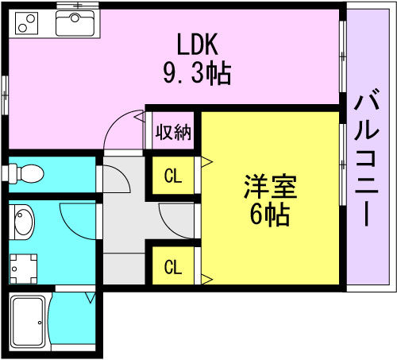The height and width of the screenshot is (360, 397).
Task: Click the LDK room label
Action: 198,45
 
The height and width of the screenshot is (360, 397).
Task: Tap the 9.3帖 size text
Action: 197,73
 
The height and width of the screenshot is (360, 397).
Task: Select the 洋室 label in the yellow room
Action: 271,187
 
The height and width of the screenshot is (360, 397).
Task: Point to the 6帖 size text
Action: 270,214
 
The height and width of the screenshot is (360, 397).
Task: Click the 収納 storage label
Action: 173,132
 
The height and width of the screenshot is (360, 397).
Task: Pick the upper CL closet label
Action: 173,176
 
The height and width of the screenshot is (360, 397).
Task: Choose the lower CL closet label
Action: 173,267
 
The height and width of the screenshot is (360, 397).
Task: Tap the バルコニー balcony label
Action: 367,157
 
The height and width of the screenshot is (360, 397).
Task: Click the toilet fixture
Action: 23,173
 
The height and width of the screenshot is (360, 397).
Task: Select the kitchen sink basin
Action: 75,23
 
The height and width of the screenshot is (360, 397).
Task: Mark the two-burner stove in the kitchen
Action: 27,23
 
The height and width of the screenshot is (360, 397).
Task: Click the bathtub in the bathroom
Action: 28,321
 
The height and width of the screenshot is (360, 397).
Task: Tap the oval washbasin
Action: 23,223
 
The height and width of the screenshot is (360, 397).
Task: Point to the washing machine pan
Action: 23,269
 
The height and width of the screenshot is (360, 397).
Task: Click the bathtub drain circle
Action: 40,323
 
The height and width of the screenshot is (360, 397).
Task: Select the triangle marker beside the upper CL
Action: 206,161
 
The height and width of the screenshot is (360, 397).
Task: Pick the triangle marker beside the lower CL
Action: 206,279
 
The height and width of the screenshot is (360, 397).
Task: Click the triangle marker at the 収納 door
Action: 140,117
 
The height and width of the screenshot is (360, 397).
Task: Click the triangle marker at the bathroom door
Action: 91,298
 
